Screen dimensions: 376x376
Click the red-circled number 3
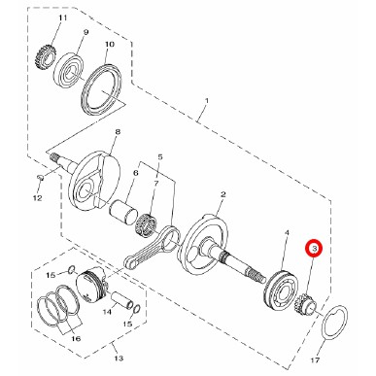point(314,249)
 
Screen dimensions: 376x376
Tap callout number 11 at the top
point(62,17)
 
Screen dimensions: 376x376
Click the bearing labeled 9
point(68,71)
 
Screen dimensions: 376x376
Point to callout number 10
point(110,44)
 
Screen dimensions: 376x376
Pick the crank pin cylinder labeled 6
point(123,212)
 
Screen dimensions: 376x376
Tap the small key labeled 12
point(41,177)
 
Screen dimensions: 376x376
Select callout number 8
point(118,132)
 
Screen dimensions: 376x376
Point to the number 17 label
point(315,359)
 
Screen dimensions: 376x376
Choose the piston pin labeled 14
point(122,299)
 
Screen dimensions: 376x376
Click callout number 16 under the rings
point(76,339)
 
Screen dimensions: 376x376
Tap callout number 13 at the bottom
point(119,359)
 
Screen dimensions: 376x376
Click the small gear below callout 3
point(305,304)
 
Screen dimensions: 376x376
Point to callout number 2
point(222,194)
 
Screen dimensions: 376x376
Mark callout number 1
point(207,101)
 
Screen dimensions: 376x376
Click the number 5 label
point(160,157)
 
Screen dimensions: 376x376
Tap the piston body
point(91,284)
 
